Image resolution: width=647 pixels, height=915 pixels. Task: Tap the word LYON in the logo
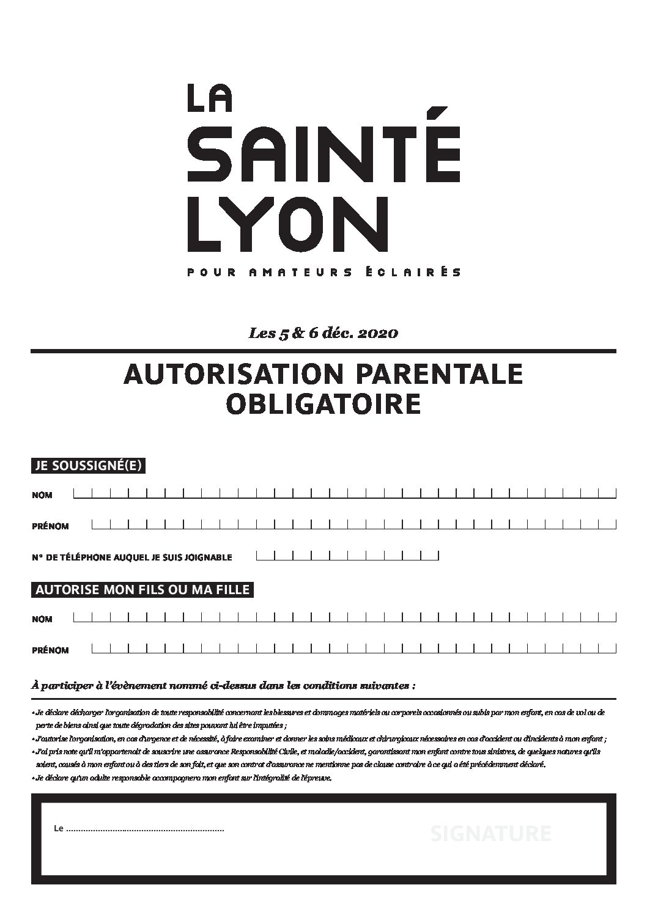(287, 222)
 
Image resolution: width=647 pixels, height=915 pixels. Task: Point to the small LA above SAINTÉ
(209, 98)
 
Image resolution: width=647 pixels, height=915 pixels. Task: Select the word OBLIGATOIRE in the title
(323, 403)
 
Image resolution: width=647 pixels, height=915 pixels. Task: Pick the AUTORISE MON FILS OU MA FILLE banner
(142, 590)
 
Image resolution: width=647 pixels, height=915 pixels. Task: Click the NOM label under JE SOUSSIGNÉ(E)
(42, 496)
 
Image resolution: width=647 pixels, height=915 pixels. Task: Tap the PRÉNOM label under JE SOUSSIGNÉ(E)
(50, 526)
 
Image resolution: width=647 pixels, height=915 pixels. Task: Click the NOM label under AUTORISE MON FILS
(42, 619)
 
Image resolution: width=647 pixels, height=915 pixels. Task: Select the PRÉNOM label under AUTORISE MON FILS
(50, 650)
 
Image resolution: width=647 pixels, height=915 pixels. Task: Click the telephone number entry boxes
(347, 556)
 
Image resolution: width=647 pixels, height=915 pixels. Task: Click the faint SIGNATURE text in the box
(490, 834)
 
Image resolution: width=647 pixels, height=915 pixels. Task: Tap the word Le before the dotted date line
(59, 829)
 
